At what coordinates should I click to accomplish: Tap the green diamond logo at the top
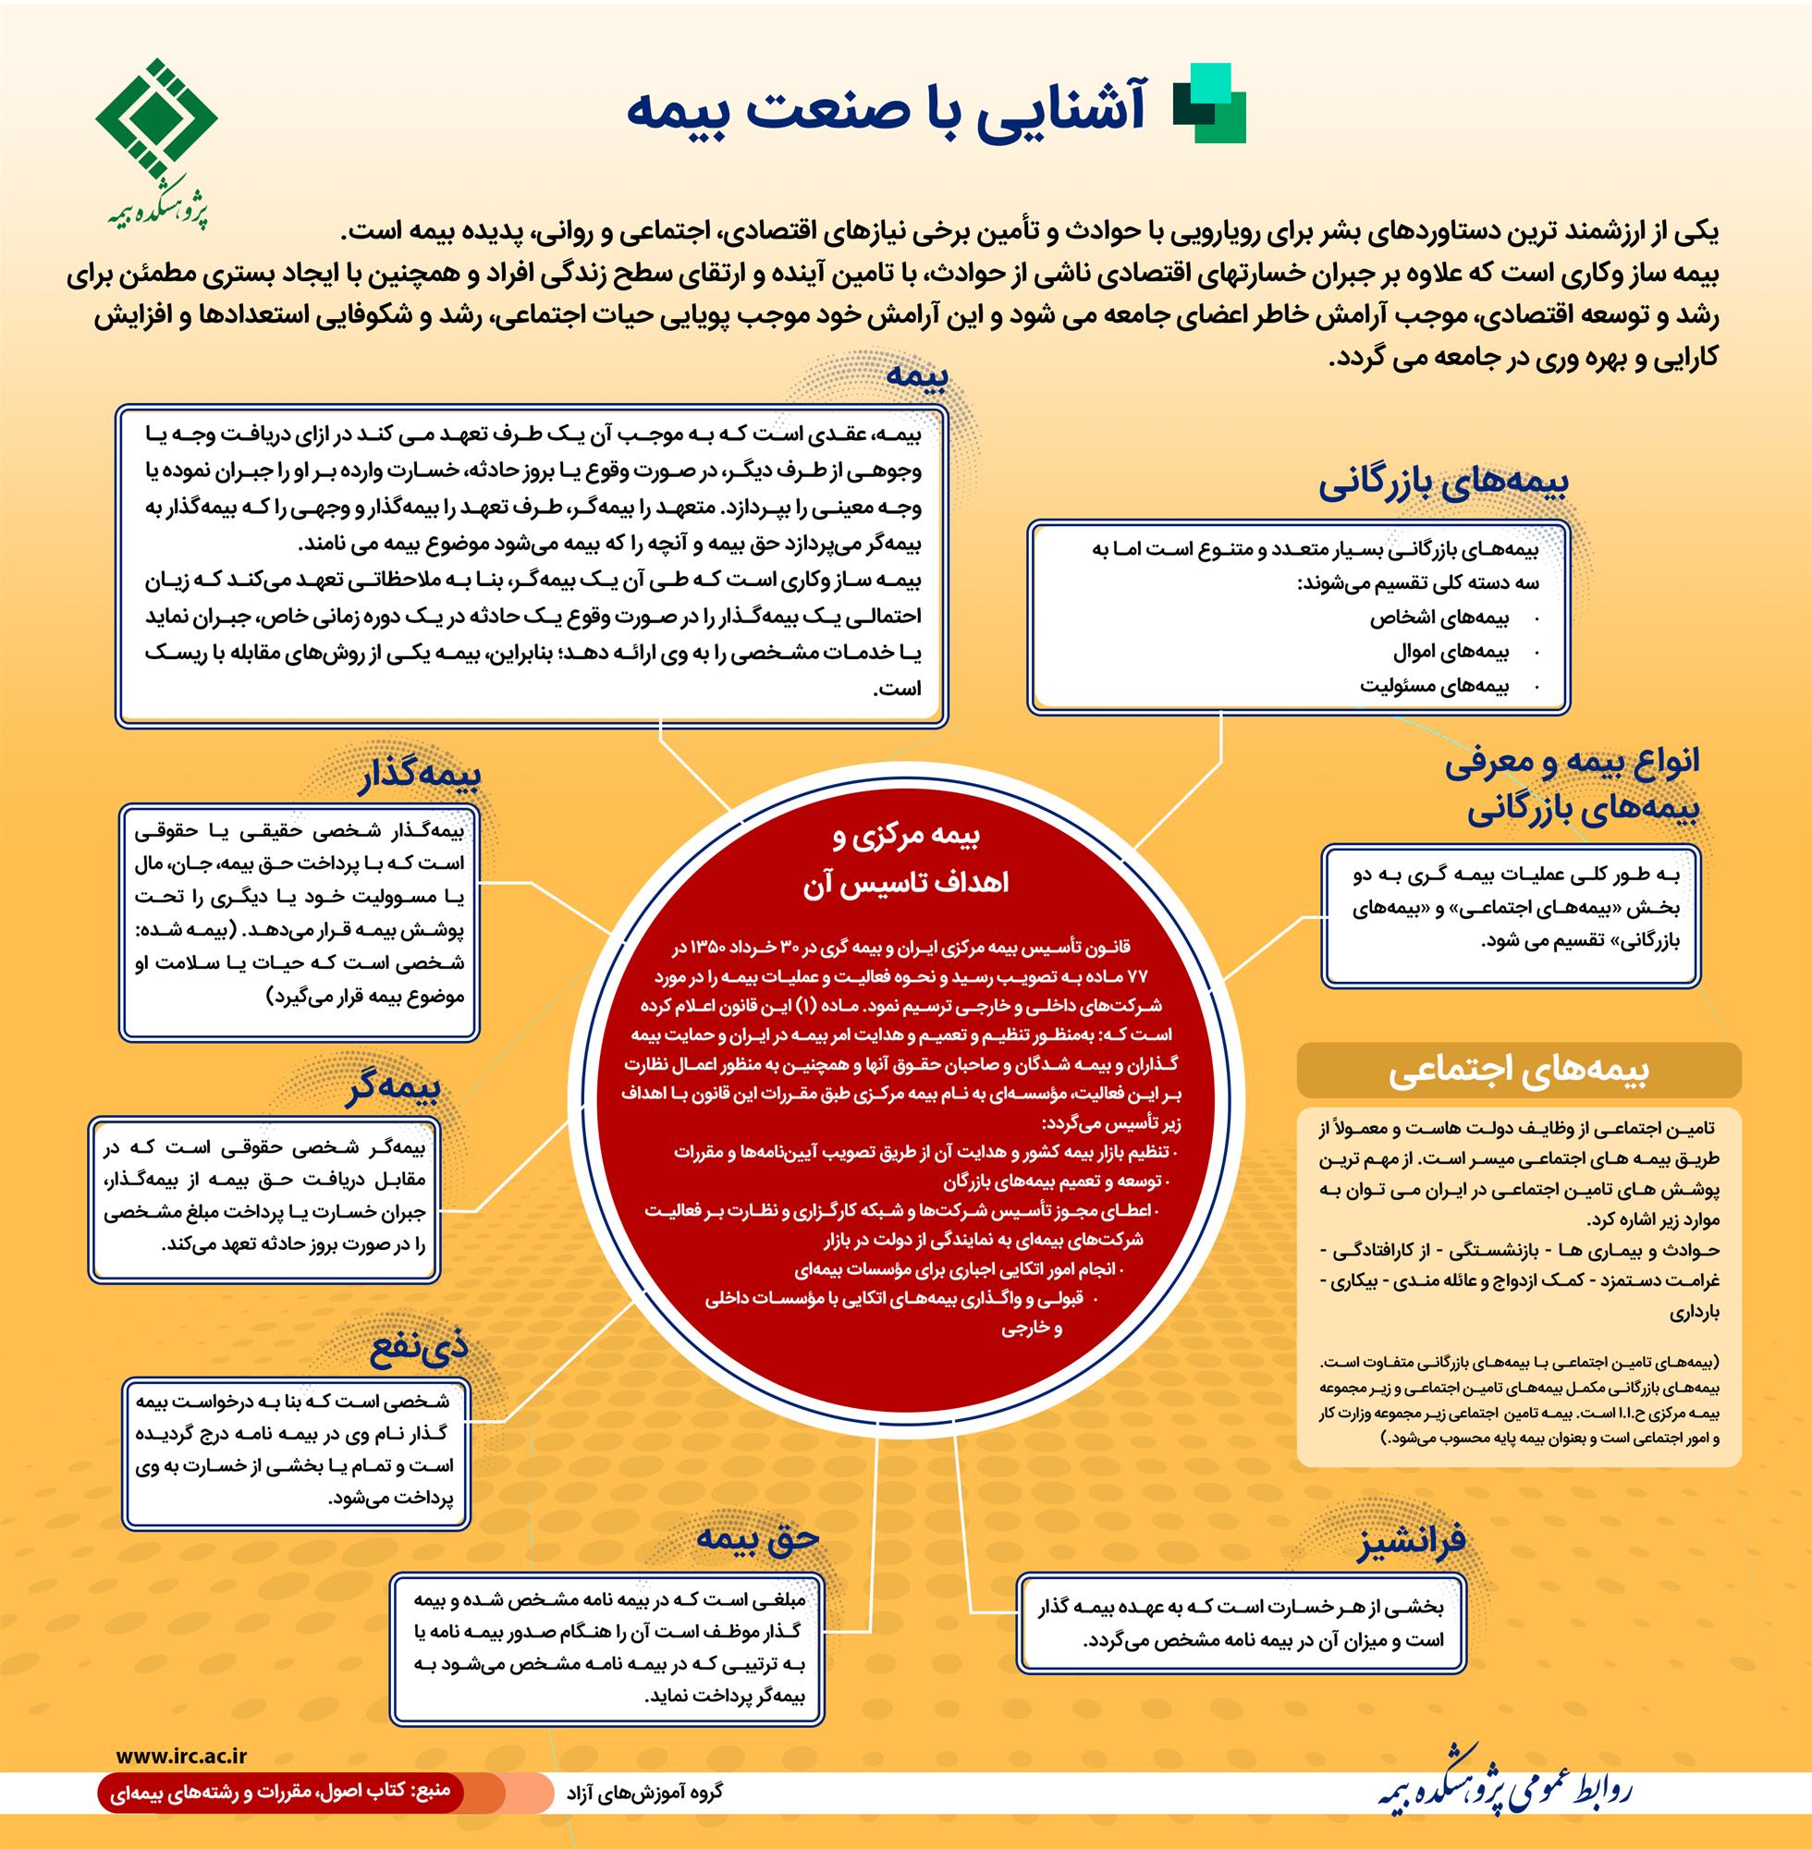pyautogui.click(x=155, y=119)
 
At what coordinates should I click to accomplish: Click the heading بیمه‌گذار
pyautogui.click(x=419, y=775)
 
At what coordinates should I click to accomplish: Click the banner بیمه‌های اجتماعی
pyautogui.click(x=1518, y=1071)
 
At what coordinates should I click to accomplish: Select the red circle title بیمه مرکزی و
pyautogui.click(x=905, y=838)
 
